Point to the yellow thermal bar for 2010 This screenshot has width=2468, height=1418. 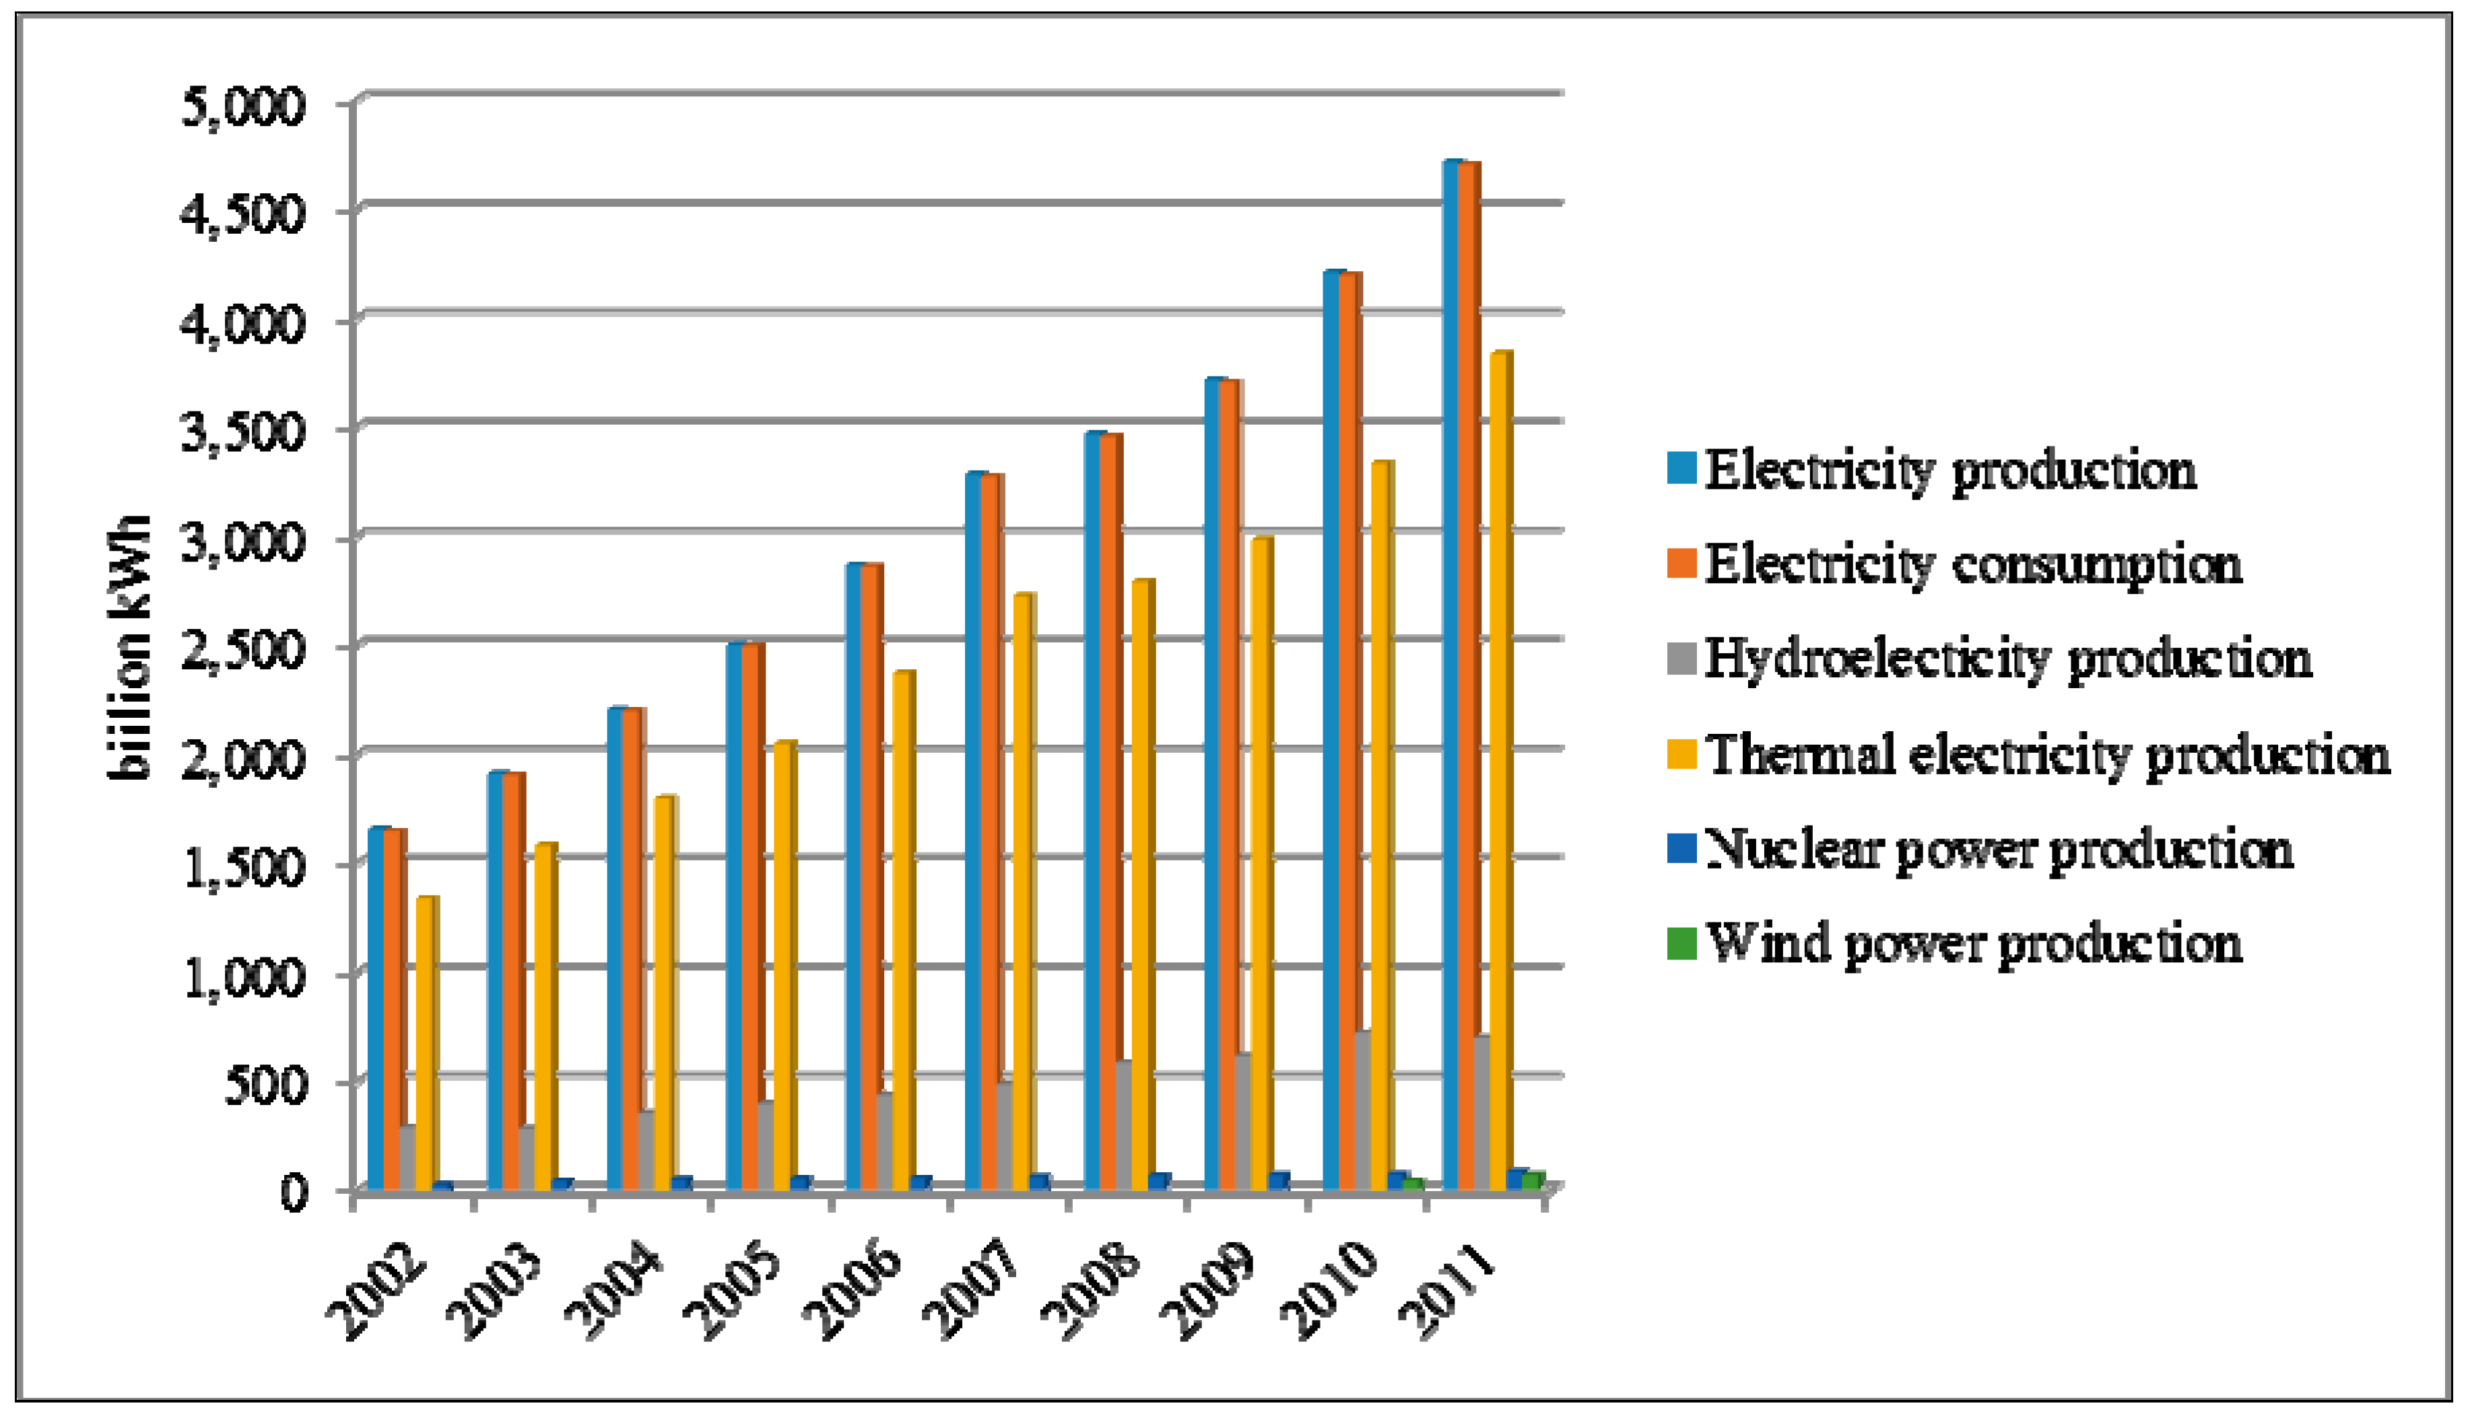[x=1381, y=828]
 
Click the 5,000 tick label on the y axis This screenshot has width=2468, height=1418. [x=244, y=104]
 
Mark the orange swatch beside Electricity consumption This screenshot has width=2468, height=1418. [x=1682, y=563]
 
